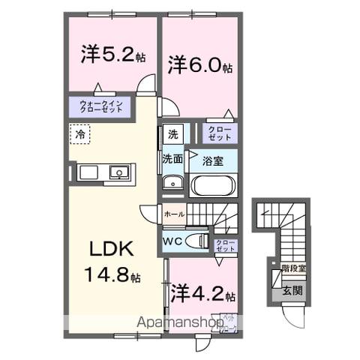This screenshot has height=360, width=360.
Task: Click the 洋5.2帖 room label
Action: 112,55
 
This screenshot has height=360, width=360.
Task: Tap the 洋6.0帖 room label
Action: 199,64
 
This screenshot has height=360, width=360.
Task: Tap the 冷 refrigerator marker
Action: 80,134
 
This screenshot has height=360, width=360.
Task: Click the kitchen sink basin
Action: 119,173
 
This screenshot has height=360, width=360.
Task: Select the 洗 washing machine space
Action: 172,135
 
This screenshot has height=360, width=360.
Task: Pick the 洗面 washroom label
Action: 172,159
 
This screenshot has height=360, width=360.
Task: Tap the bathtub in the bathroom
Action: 214,184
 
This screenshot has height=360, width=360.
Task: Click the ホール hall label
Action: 173,214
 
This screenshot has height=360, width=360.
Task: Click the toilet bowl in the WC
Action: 196,241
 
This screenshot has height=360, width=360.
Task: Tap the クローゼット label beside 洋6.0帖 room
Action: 220,133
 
